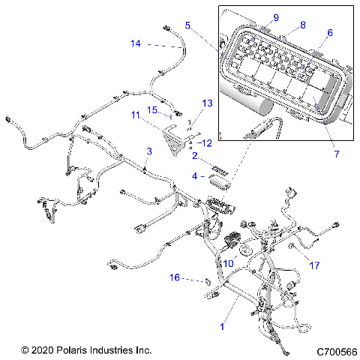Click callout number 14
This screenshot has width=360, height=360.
point(135,44)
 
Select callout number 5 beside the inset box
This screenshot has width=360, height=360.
point(187,25)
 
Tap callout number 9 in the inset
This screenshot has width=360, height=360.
point(274,16)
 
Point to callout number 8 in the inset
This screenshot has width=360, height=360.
point(303,25)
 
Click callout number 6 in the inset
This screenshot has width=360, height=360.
point(328,34)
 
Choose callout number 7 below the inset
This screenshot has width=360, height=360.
point(337,154)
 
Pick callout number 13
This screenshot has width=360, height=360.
point(208,102)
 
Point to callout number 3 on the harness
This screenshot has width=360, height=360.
point(148,151)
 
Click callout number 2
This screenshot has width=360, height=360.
point(194,157)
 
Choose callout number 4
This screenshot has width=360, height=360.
point(194,176)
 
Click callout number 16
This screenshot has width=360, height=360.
point(174,277)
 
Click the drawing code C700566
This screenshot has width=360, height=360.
point(336,350)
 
